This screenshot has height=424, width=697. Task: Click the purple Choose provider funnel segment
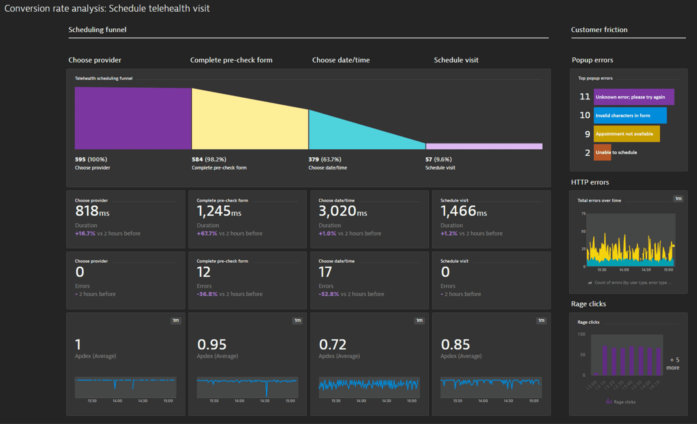(133, 118)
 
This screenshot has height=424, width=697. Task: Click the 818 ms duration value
(92, 212)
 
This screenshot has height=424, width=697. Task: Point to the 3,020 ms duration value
(343, 212)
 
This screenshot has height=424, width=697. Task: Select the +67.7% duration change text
(207, 233)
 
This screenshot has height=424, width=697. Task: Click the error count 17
(325, 272)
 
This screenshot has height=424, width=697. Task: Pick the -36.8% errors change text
(207, 294)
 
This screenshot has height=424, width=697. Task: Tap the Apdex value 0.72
(333, 345)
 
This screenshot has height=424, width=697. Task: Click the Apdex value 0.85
(455, 345)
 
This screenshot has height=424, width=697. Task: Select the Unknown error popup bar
(633, 97)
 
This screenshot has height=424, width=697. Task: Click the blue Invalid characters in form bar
(630, 116)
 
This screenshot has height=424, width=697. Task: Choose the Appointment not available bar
(626, 134)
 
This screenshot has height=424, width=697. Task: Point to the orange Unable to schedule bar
(602, 152)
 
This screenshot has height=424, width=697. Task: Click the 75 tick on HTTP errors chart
(583, 214)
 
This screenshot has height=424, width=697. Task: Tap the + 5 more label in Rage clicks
(673, 363)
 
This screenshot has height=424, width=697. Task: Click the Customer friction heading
(599, 30)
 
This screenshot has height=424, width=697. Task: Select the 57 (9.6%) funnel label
(438, 159)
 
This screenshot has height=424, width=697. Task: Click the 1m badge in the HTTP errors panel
(678, 199)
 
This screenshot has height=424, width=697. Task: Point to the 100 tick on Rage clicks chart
(581, 334)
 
